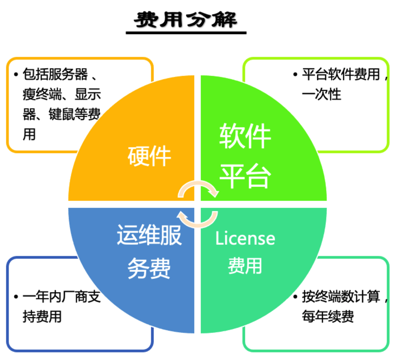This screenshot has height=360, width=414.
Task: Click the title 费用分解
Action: [186, 20]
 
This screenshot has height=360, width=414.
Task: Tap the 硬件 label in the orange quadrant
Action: [149, 156]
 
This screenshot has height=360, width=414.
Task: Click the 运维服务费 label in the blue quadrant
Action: [149, 252]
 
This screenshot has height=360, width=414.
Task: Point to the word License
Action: [245, 238]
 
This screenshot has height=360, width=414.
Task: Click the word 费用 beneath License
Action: [245, 266]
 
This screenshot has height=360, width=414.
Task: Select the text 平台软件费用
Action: [341, 75]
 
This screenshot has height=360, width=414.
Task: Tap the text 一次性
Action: [321, 94]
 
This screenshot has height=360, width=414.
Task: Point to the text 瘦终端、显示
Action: [62, 94]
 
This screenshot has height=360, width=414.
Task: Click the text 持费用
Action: [42, 316]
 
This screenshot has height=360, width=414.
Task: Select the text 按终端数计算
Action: [341, 297]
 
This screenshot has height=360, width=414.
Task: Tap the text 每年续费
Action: [328, 316]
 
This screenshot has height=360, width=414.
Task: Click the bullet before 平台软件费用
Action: [295, 75]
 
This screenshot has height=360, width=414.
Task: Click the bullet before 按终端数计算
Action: [295, 297]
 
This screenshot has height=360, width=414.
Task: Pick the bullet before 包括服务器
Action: [16, 74]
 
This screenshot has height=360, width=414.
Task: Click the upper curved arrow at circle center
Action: [199, 188]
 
